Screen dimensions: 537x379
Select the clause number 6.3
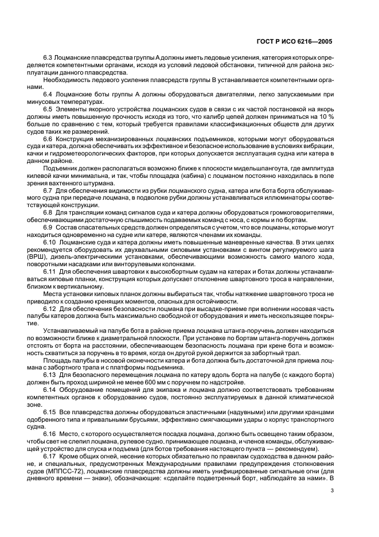(48, 59)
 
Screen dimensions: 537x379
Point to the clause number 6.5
(48, 109)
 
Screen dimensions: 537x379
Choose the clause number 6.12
(50, 309)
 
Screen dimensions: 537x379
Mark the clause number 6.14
(50, 390)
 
